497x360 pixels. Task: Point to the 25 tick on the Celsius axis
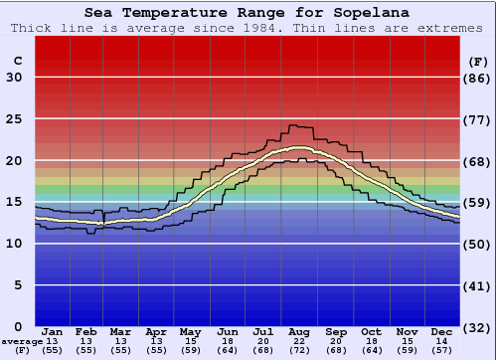(x=14, y=118)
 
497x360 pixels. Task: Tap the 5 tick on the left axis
(x=18, y=285)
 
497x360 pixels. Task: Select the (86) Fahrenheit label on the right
(x=479, y=78)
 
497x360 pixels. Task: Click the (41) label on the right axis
(x=479, y=285)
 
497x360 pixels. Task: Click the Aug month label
(x=300, y=331)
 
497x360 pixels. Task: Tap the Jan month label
(x=53, y=331)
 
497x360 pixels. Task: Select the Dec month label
(x=442, y=331)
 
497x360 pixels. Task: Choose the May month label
(x=189, y=331)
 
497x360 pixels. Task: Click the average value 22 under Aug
(x=300, y=341)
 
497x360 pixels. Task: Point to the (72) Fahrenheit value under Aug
(x=300, y=351)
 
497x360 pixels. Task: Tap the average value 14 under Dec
(x=442, y=341)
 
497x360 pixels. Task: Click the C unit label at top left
(x=17, y=61)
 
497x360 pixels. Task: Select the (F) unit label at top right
(x=479, y=61)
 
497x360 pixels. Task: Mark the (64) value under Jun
(x=228, y=351)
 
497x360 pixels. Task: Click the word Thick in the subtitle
(x=33, y=28)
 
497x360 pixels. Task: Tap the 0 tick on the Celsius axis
(x=18, y=326)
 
